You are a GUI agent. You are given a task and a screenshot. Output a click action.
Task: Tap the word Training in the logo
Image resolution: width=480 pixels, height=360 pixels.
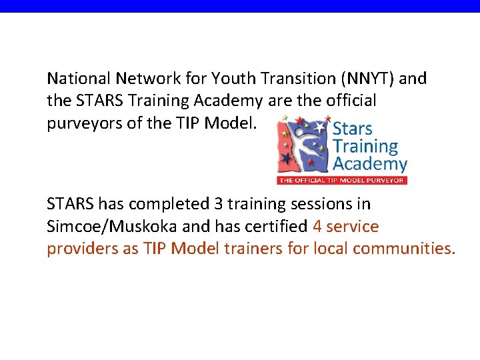tap(365, 146)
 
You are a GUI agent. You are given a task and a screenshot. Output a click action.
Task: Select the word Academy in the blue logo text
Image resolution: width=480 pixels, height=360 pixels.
tap(369, 163)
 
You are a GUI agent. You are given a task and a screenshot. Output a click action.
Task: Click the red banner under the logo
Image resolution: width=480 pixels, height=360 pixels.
tap(341, 180)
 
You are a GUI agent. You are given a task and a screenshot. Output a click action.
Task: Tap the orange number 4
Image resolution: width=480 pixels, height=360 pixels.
tap(317, 227)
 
